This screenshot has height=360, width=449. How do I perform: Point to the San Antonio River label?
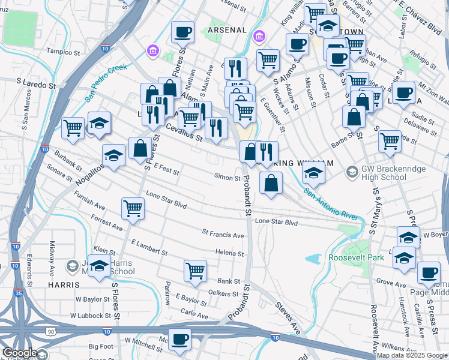coord(331,204)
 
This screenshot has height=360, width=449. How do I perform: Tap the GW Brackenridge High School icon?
coord(352,173)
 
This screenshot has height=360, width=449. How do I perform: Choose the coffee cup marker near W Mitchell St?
coord(179,340)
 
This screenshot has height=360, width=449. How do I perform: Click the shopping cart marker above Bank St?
coord(195,271)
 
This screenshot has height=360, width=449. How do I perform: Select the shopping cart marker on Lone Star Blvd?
coord(133,208)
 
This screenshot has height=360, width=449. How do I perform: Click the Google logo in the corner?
coord(19,353)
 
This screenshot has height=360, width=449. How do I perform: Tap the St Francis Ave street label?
coord(223,233)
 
